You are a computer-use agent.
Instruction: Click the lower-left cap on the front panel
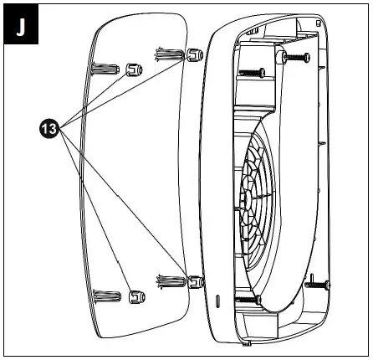click(x=134, y=296)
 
